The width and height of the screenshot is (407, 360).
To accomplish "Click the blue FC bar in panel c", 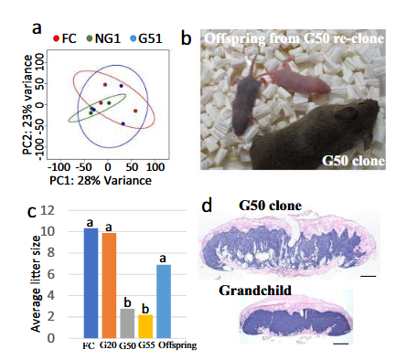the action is tap(91, 283).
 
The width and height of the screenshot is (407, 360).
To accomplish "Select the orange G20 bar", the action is tap(109, 286).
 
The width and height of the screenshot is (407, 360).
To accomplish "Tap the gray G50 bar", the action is tap(127, 323).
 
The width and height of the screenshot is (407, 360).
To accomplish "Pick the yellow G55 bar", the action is tap(145, 326).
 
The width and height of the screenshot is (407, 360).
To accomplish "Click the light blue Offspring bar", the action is tap(164, 302).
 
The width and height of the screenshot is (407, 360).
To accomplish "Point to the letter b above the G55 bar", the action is tap(145, 309).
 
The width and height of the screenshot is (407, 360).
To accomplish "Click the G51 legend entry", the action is tap(146, 38).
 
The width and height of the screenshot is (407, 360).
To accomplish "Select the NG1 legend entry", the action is tap(103, 38).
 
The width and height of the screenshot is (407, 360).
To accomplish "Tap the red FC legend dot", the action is tap(56, 38).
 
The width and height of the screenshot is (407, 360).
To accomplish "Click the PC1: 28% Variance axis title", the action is tap(101, 181).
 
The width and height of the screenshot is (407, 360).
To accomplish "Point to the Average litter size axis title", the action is tap(36, 283).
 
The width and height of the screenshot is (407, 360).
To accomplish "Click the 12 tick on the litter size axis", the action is tap(48, 210).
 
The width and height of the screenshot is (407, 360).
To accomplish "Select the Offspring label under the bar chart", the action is tap(177, 345).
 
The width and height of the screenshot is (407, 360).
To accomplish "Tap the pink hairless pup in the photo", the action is tap(299, 79).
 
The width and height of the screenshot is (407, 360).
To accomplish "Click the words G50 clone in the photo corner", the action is tap(354, 161).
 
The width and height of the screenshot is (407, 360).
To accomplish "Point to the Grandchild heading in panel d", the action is tap(255, 291).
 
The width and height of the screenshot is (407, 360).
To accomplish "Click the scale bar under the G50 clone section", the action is tap(369, 276).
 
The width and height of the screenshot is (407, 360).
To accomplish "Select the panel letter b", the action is tap(187, 39).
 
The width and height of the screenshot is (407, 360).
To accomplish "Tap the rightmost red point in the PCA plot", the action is tap(135, 111).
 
